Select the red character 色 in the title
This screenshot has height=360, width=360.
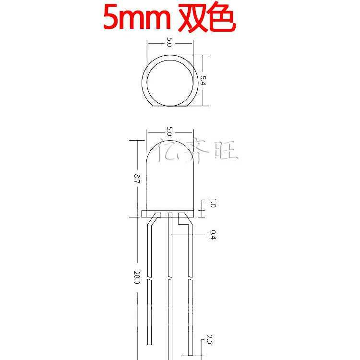[x=222, y=18]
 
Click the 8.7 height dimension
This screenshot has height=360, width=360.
[x=136, y=180]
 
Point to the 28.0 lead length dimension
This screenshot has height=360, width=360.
[x=136, y=277]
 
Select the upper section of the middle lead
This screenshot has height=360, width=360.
[x=170, y=245]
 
